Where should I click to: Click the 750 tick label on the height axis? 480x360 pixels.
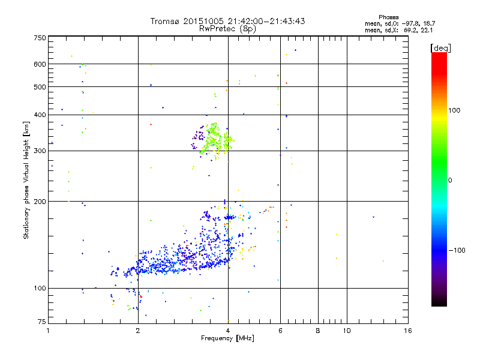pyautogui.click(x=40, y=38)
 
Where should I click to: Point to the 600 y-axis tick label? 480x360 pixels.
pyautogui.click(x=40, y=64)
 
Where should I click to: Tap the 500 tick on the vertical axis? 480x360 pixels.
pyautogui.click(x=40, y=87)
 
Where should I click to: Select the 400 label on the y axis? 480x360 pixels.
pyautogui.click(x=40, y=115)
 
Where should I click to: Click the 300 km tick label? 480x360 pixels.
pyautogui.click(x=40, y=151)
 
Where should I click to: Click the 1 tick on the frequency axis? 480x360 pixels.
pyautogui.click(x=48, y=331)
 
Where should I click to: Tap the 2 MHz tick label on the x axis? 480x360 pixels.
pyautogui.click(x=138, y=331)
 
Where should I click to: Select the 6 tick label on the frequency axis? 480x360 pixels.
pyautogui.click(x=280, y=331)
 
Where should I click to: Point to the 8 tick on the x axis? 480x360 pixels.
pyautogui.click(x=318, y=331)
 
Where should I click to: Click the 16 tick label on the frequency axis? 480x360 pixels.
pyautogui.click(x=407, y=331)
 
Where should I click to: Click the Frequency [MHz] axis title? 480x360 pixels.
pyautogui.click(x=227, y=339)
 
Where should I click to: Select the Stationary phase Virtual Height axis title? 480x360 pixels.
pyautogui.click(x=26, y=180)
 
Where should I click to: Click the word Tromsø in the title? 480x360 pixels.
pyautogui.click(x=166, y=21)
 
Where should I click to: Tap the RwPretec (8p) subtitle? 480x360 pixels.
pyautogui.click(x=227, y=28)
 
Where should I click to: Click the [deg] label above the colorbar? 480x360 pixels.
pyautogui.click(x=441, y=47)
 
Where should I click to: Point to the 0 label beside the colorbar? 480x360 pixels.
pyautogui.click(x=451, y=180)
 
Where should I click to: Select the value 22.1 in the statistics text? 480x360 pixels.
pyautogui.click(x=418, y=29)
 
